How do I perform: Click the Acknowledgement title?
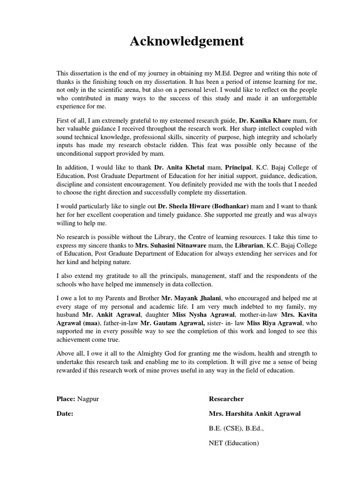pyautogui.click(x=187, y=42)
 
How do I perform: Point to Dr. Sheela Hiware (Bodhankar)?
pyautogui.click(x=203, y=207)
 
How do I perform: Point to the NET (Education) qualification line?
pyautogui.click(x=234, y=442)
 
